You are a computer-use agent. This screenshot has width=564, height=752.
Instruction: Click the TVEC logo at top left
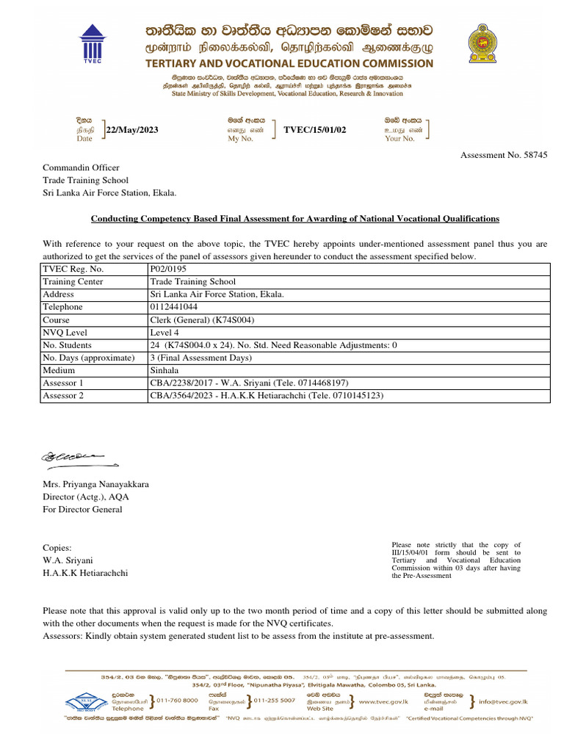(93, 42)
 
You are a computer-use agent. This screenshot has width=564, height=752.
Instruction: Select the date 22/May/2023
(132, 130)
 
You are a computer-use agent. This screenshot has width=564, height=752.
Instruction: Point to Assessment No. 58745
(503, 155)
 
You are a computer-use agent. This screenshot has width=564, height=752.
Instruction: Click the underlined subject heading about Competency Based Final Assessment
(294, 219)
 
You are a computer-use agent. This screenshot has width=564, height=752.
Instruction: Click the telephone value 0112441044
(175, 307)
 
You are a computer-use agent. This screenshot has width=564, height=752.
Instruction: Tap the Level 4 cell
(164, 333)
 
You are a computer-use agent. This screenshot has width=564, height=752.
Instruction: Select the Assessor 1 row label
(63, 383)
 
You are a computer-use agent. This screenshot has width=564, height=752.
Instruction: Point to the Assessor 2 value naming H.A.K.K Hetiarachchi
(266, 396)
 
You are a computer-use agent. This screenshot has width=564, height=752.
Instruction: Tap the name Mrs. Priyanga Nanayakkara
(95, 485)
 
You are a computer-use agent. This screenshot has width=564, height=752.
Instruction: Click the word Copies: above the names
(57, 548)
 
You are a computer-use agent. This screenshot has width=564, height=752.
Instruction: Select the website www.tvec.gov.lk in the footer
(388, 701)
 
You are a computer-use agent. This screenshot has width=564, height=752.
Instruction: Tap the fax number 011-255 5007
(274, 701)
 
